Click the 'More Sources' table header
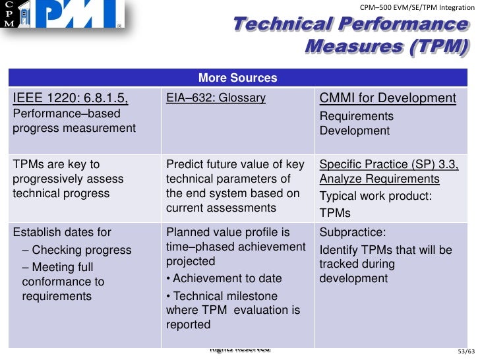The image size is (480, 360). click(237, 78)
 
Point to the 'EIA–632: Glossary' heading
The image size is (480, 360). click(216, 99)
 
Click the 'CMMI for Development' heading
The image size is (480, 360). click(388, 99)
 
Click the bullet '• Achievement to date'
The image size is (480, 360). click(224, 278)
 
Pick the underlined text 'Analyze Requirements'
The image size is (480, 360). click(379, 179)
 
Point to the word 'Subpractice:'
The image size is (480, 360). click(349, 233)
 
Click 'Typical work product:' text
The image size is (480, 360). click(375, 196)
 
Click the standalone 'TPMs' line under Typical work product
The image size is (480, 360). click(335, 214)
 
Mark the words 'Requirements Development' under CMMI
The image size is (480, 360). click(357, 123)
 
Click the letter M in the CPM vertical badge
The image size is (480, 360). click(9, 24)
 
